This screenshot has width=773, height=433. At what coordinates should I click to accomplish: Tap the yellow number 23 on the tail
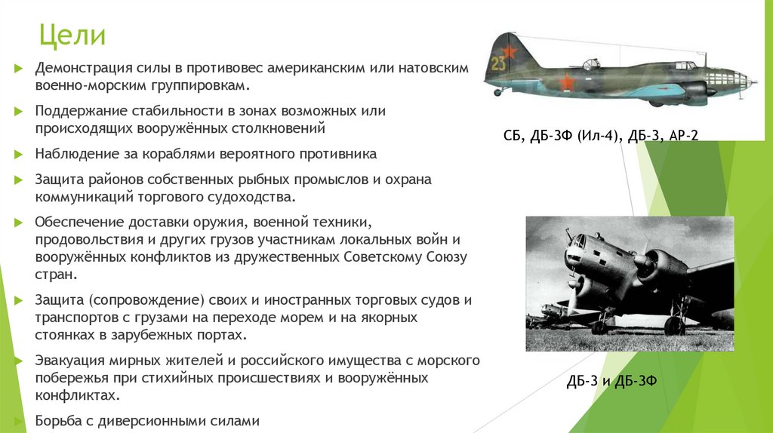tap(498, 63)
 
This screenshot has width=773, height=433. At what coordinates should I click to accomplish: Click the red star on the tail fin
tap(508, 51)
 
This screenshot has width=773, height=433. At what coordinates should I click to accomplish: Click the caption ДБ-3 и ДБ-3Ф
tap(611, 381)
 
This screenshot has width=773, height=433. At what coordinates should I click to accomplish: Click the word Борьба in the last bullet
tap(56, 421)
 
